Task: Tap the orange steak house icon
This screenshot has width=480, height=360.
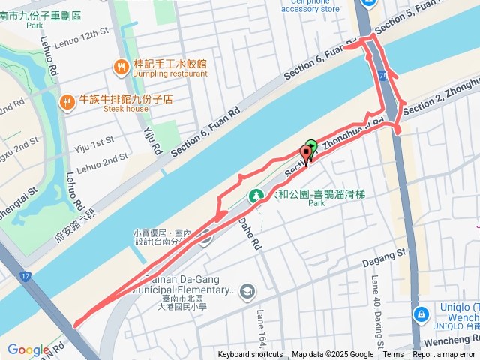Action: coord(67,101)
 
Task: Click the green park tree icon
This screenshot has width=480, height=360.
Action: coord(256,196)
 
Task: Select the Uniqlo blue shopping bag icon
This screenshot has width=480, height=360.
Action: coord(421,313)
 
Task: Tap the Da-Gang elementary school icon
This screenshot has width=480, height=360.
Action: coord(248,291)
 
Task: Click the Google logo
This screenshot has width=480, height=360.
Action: coord(28,349)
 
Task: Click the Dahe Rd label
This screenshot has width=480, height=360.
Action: coord(250,233)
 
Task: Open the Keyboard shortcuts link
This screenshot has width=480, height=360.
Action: coord(250,355)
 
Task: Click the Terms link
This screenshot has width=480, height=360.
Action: coord(393,355)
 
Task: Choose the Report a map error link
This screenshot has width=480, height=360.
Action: coord(444,355)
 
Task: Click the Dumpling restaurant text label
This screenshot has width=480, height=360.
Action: coord(170,73)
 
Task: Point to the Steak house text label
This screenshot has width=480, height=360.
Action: coord(126,109)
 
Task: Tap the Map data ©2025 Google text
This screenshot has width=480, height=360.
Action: coord(332,355)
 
